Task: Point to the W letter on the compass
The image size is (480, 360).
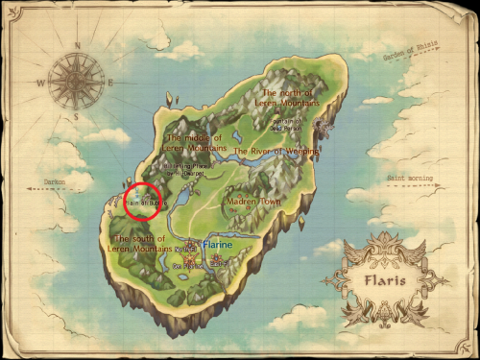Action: [x=39, y=84]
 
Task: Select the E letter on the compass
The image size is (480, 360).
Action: [x=110, y=83]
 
